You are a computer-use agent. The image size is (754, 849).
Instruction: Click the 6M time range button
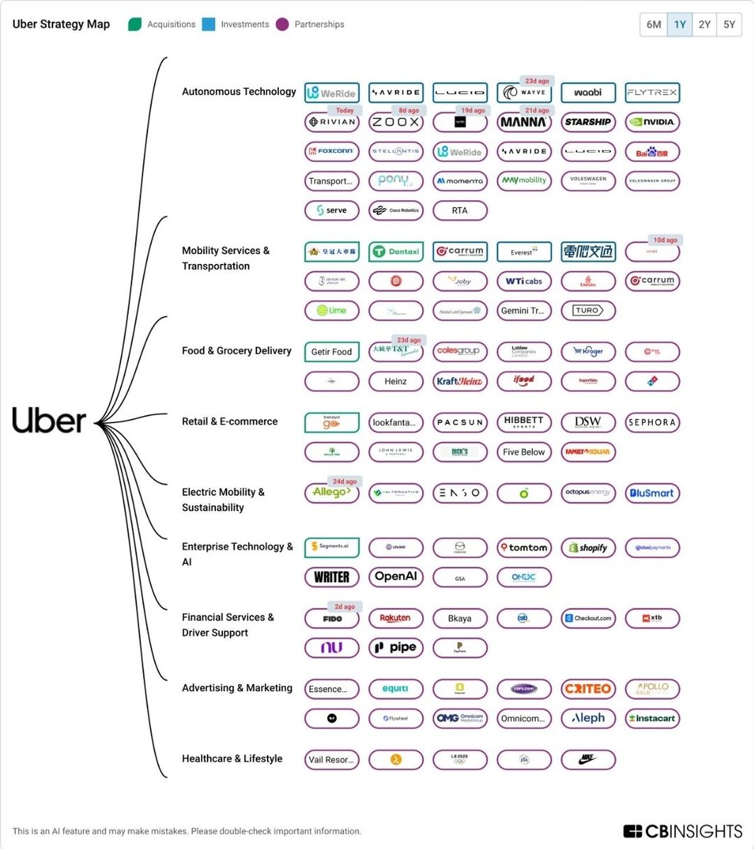tap(653, 24)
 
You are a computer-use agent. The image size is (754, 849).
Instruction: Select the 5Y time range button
tap(729, 24)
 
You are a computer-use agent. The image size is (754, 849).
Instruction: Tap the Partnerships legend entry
tap(319, 24)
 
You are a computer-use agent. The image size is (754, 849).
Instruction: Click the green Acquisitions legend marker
tap(135, 24)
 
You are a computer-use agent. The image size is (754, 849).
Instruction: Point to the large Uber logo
tap(49, 421)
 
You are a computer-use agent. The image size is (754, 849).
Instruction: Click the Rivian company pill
tap(332, 122)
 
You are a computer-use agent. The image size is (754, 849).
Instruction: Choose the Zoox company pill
tap(396, 122)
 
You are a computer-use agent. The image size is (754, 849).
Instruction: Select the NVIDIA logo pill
tap(652, 122)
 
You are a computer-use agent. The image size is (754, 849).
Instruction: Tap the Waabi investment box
tap(588, 93)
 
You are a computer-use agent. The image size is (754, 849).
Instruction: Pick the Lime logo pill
tap(332, 311)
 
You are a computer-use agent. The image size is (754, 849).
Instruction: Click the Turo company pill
tap(588, 311)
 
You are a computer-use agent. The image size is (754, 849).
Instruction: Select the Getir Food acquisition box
tap(332, 352)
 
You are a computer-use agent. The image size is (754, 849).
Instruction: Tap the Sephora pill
tap(652, 422)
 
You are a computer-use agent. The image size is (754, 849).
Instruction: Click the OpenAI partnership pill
tap(396, 577)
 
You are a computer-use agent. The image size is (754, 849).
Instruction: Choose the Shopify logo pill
tap(588, 548)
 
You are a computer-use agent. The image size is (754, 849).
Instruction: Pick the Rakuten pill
tap(396, 618)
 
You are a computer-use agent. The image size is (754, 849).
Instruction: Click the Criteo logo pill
tap(588, 689)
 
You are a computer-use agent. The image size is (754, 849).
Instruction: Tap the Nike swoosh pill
tap(588, 760)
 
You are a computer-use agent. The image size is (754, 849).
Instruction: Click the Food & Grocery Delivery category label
tap(236, 351)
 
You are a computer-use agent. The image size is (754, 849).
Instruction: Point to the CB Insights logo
tap(682, 831)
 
